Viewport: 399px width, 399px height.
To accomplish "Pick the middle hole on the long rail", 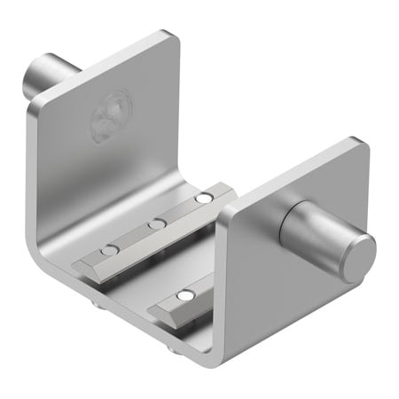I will pyautogui.click(x=157, y=223).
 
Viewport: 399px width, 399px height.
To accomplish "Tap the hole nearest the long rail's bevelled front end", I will pyautogui.click(x=110, y=251).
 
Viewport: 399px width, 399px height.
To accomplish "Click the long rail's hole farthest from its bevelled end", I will pyautogui.click(x=204, y=197).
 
